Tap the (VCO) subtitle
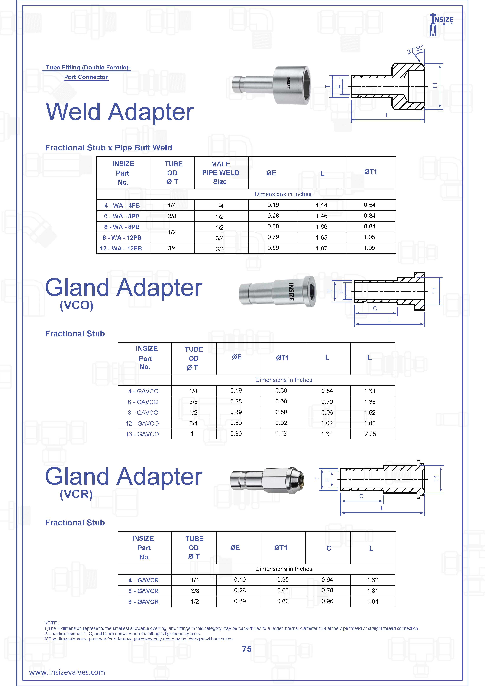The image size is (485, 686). [x=76, y=305]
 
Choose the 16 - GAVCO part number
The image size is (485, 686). [x=142, y=434]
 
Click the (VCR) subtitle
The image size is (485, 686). [x=76, y=494]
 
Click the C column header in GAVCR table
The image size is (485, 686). [x=329, y=548]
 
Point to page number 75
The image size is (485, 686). [x=247, y=649]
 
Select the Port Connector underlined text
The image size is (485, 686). [x=86, y=77]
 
